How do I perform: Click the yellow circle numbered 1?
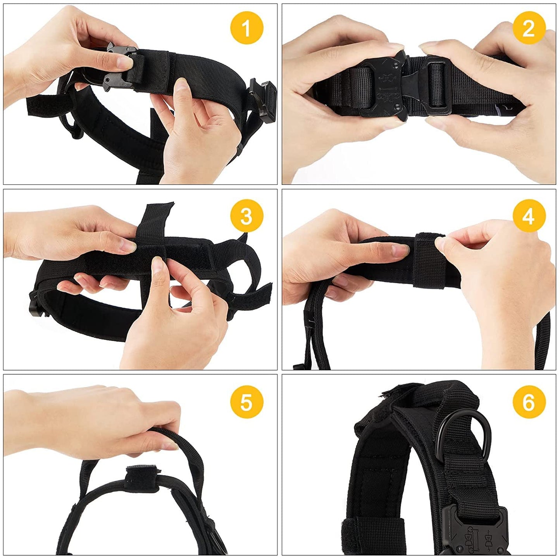[246, 28]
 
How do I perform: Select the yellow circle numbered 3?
[246, 215]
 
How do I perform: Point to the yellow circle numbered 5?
[246, 402]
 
